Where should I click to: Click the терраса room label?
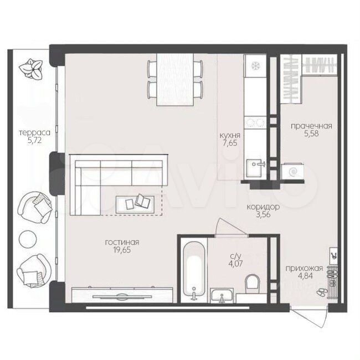(34, 133)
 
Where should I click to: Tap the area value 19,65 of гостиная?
(122, 250)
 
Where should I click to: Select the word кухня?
(230, 136)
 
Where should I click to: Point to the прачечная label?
(312, 126)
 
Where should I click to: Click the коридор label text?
(263, 207)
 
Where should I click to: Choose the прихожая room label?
(304, 268)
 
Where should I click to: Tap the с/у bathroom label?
(236, 256)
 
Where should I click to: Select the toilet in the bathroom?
(253, 284)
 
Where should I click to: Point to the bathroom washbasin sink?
(222, 296)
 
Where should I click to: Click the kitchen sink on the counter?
(255, 168)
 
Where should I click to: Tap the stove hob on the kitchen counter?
(255, 122)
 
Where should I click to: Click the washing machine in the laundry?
(293, 171)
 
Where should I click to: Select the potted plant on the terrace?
(31, 69)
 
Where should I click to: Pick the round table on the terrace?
(28, 239)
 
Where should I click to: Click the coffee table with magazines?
(135, 204)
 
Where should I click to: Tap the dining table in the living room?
(175, 79)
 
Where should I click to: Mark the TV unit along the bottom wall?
(122, 295)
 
